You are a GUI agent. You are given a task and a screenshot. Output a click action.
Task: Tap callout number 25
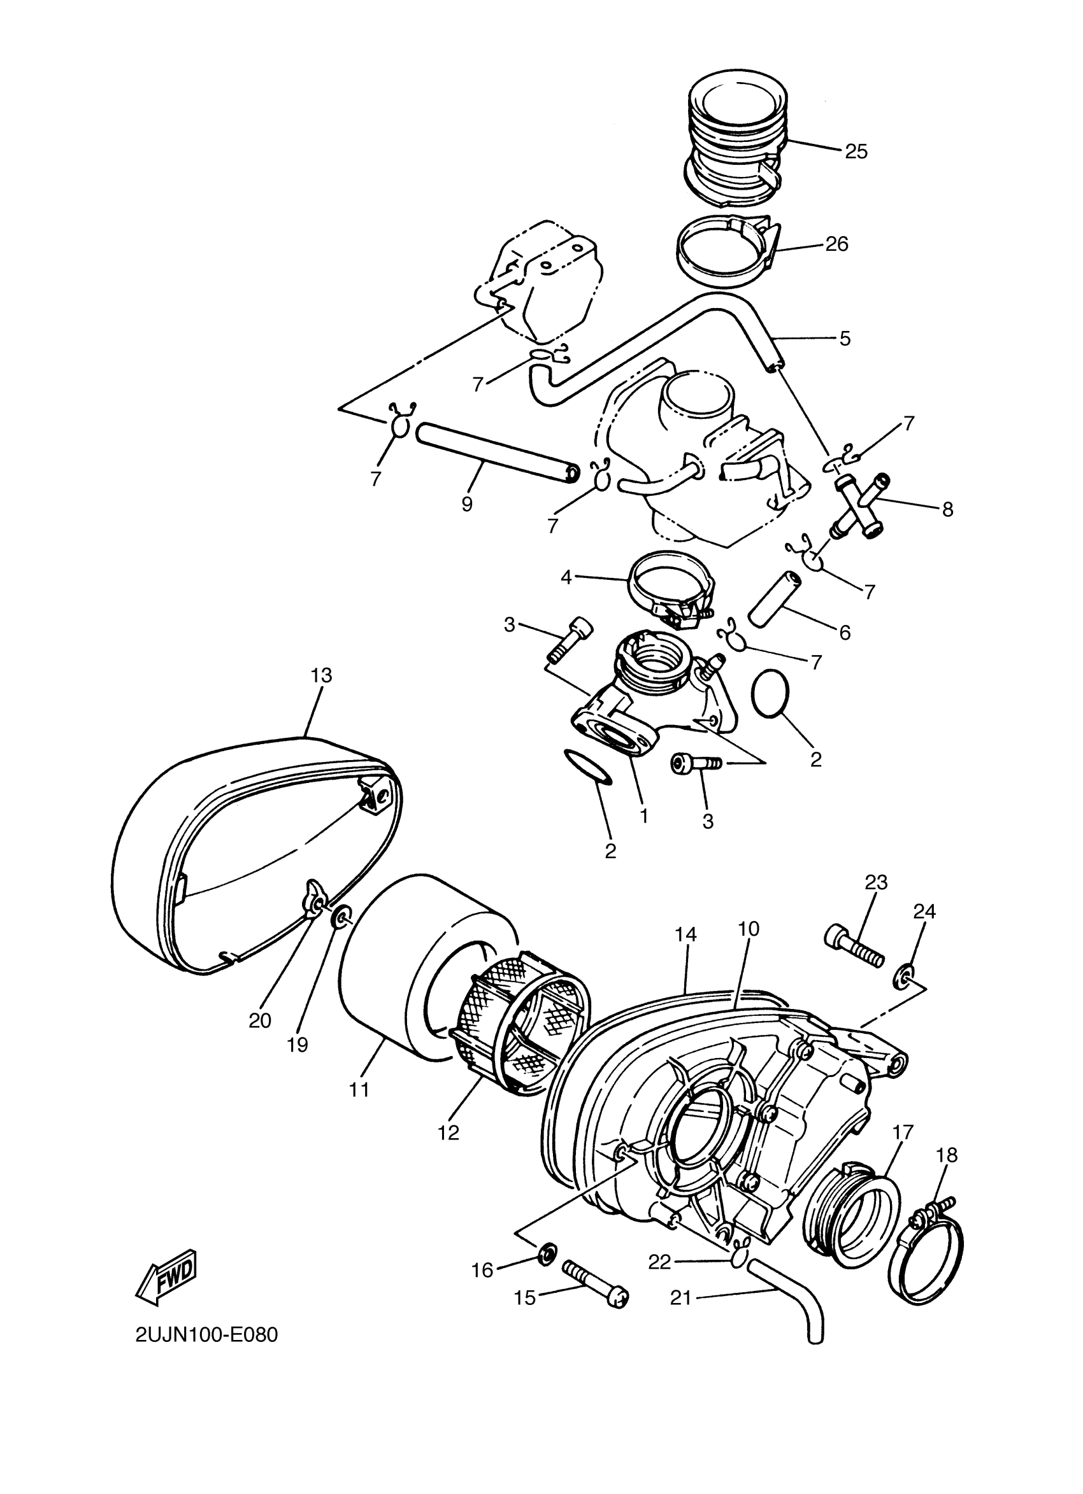856,152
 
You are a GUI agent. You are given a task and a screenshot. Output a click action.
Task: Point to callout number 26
836,244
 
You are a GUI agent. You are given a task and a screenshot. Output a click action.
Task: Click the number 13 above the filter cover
321,675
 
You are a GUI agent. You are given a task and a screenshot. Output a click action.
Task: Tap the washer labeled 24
905,977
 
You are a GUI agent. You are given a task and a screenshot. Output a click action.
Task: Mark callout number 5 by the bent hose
845,339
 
